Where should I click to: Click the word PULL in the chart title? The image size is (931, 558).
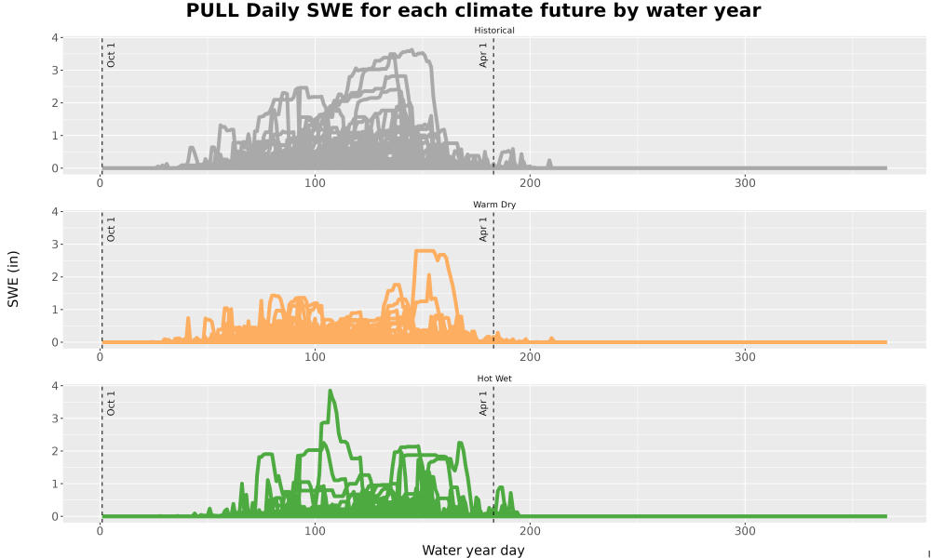[208, 10]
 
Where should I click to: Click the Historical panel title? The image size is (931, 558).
[494, 31]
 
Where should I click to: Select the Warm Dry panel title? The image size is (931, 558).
[494, 205]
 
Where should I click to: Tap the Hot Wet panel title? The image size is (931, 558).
[494, 379]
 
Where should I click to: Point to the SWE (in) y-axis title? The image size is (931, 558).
[13, 279]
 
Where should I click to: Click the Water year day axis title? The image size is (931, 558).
[473, 551]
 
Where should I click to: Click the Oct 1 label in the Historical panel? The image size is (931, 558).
[111, 55]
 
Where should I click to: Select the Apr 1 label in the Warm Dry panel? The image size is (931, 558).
[483, 229]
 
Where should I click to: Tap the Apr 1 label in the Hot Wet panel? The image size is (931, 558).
[483, 404]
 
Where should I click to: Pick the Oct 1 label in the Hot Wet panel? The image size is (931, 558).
[111, 404]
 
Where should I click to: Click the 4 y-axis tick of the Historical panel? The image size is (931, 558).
[55, 38]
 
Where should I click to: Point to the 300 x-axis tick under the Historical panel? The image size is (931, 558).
[745, 183]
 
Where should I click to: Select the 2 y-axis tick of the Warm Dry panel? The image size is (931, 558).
[55, 277]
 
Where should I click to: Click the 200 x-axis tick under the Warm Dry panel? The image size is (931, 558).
[530, 357]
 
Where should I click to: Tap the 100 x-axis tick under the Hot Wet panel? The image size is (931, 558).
[315, 531]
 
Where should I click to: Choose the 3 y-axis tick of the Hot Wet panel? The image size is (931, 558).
[55, 418]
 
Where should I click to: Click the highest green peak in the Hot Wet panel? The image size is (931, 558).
[331, 391]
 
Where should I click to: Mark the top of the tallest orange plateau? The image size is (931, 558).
[425, 251]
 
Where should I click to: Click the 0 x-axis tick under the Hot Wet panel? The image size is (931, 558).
[100, 531]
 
